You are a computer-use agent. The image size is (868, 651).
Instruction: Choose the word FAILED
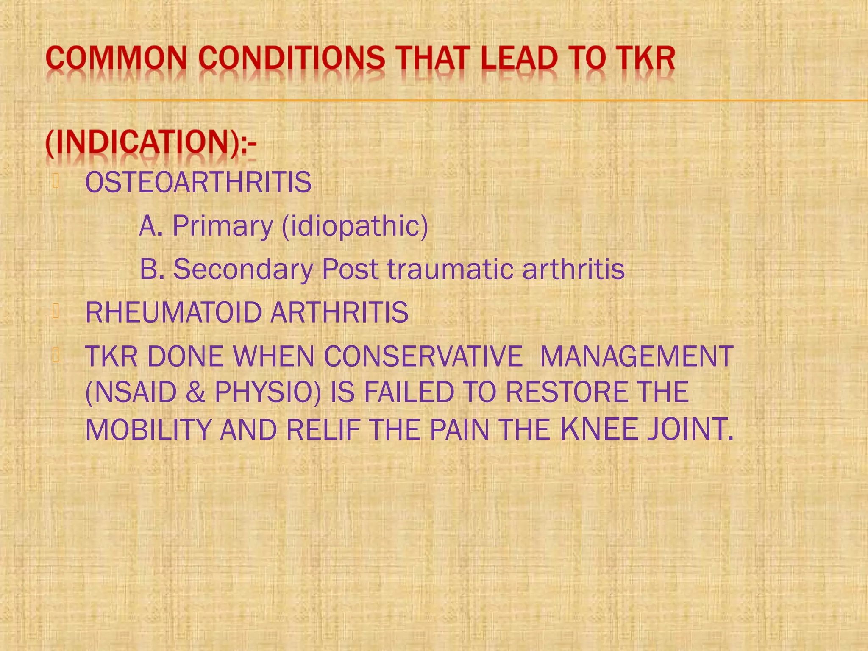[x=409, y=392]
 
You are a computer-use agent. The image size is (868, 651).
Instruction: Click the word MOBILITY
[x=148, y=429]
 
